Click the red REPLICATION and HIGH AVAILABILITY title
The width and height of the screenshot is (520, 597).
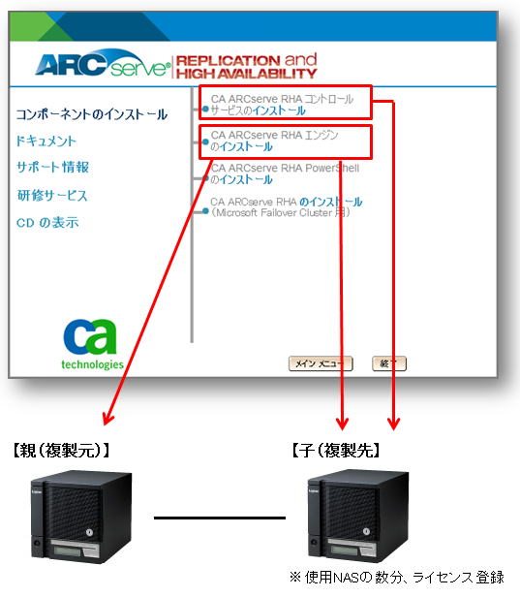click(x=247, y=66)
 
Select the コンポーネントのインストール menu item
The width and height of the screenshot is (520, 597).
click(x=92, y=114)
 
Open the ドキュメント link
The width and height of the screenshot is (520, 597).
click(x=46, y=141)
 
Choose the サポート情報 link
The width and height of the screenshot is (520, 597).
click(x=53, y=167)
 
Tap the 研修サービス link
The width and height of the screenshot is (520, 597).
click(x=52, y=196)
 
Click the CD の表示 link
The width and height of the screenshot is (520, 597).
click(x=47, y=222)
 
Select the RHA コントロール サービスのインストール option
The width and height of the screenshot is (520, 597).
click(x=282, y=105)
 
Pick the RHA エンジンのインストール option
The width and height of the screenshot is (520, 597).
click(x=274, y=141)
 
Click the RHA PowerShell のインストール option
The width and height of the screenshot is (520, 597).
click(x=285, y=173)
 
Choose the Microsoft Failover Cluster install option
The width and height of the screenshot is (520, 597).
click(x=286, y=207)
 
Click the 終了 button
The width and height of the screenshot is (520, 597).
click(x=388, y=363)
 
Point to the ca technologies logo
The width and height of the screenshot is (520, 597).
click(x=92, y=344)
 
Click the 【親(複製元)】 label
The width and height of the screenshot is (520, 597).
click(x=61, y=451)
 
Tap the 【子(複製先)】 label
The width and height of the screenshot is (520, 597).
click(x=336, y=451)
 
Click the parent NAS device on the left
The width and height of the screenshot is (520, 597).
click(x=81, y=517)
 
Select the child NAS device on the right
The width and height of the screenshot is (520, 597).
click(x=358, y=516)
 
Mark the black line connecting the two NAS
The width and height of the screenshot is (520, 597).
click(x=220, y=518)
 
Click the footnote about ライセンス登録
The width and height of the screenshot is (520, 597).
click(x=397, y=578)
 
